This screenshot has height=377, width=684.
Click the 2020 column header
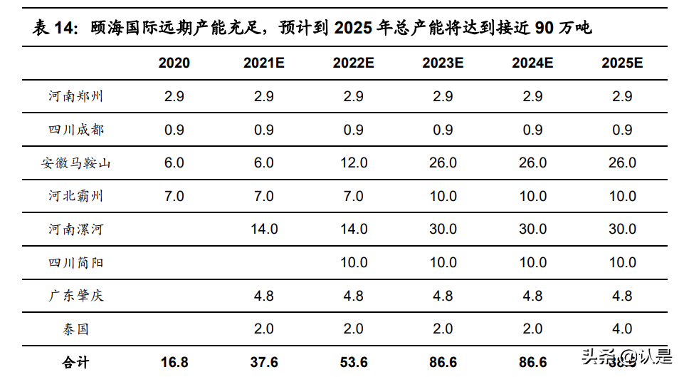[174, 63]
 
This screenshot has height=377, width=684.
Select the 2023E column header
[443, 63]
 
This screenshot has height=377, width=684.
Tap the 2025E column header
[622, 63]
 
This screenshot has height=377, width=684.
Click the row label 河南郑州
[76, 96]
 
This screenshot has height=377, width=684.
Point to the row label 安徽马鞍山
[76, 163]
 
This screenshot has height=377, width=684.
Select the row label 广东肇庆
[76, 296]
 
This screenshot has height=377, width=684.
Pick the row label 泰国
[76, 329]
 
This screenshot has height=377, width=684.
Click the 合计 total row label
[76, 362]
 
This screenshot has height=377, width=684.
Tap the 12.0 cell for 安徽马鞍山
[354, 163]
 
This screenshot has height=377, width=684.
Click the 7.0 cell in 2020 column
[174, 196]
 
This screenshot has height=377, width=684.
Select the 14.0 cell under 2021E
[264, 229]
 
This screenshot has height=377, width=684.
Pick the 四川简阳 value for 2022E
[354, 262]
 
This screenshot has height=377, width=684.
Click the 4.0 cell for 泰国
[622, 329]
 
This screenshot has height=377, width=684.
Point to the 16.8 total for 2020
[174, 362]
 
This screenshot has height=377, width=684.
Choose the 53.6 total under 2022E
[354, 362]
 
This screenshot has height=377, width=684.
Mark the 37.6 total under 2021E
[264, 362]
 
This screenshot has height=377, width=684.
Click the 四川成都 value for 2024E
[532, 130]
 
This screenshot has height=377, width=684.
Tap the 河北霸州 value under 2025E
[622, 196]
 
